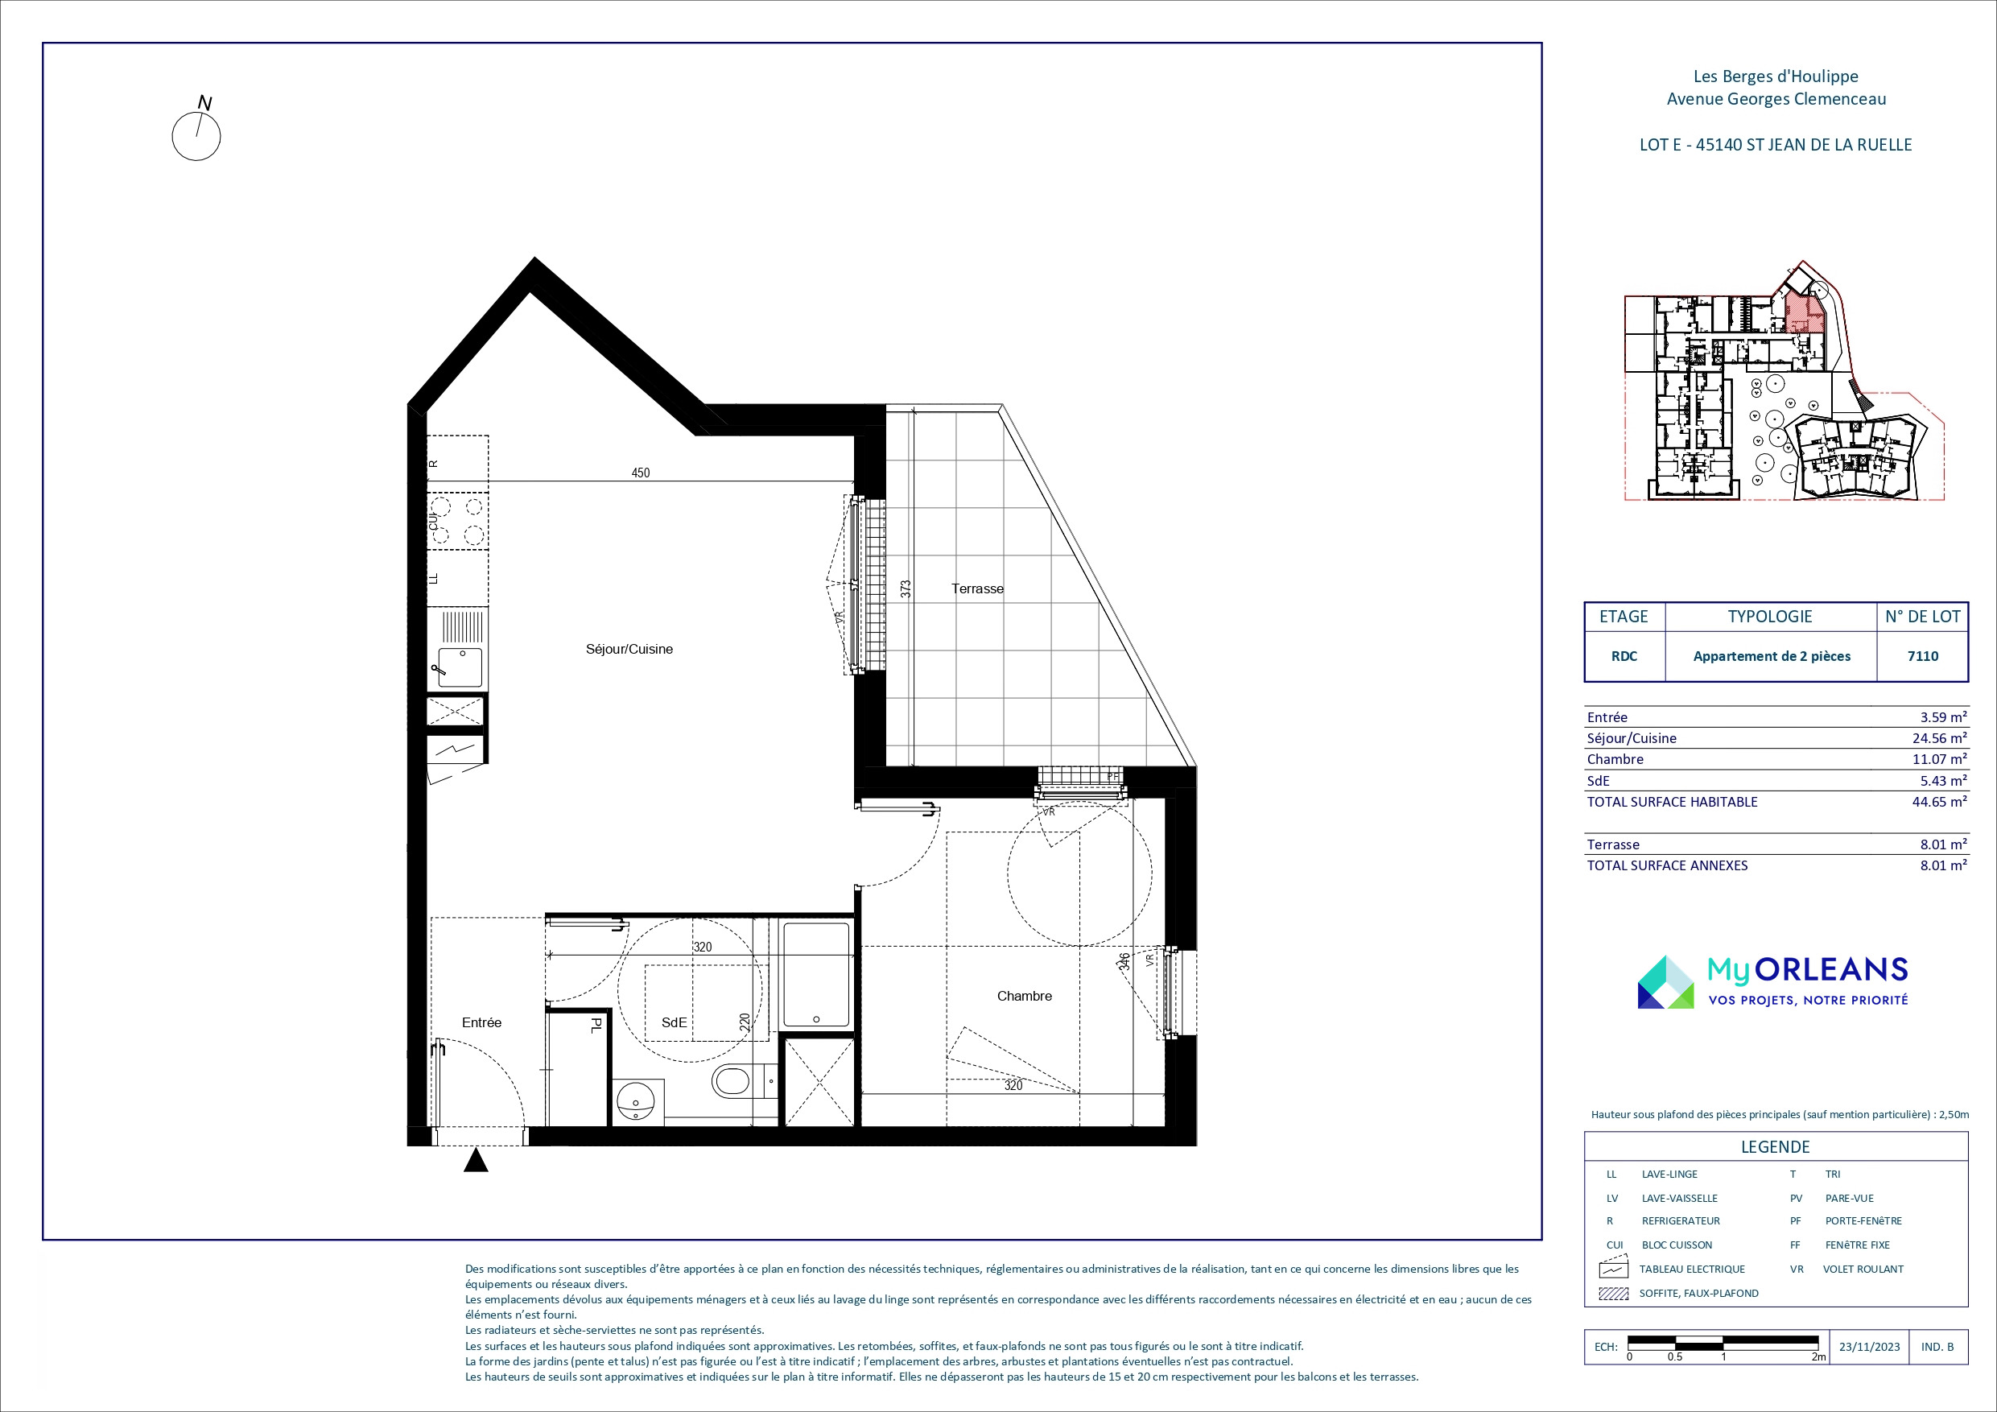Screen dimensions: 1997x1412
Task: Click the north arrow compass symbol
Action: coord(196,136)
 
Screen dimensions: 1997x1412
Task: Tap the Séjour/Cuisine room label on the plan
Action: coord(629,649)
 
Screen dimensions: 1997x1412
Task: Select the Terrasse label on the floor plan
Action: coord(978,589)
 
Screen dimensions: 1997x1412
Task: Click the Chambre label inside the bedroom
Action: coord(1025,996)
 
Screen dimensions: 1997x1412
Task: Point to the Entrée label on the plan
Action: coord(482,1022)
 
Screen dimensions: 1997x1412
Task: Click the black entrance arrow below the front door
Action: coord(476,1161)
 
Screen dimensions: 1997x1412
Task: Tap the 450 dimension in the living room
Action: coord(640,473)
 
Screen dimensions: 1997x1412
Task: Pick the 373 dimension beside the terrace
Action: coord(906,589)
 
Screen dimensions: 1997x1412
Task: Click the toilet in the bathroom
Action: coord(732,1082)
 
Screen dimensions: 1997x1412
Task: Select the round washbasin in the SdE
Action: coord(637,1102)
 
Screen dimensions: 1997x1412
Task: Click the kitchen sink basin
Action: coord(460,667)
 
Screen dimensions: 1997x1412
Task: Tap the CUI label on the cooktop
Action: coord(433,521)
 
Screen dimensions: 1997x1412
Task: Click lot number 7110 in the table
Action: coord(1923,657)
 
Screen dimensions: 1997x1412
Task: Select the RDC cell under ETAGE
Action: coord(1624,657)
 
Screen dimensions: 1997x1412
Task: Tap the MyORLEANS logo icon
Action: coord(1665,982)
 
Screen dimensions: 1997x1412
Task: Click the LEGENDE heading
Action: coord(1775,1146)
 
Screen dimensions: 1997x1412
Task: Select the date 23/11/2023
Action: coord(1869,1347)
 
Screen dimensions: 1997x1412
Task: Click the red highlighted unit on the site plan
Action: coord(1803,313)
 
